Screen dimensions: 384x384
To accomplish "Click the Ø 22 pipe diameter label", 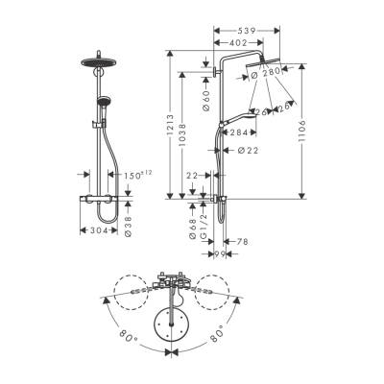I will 247,150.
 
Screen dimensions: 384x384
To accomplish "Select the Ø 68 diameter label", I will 193,228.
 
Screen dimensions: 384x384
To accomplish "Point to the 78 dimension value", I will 241,243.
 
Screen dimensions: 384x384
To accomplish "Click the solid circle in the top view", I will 175,324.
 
